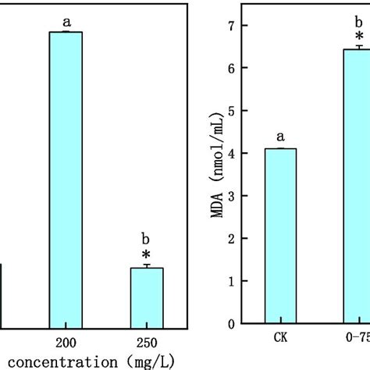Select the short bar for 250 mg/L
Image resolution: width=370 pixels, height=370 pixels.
click(x=147, y=297)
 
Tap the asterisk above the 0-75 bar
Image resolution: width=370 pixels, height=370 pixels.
click(x=359, y=37)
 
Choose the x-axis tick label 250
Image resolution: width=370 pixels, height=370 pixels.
click(x=147, y=342)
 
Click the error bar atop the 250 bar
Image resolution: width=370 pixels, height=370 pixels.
click(x=147, y=266)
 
